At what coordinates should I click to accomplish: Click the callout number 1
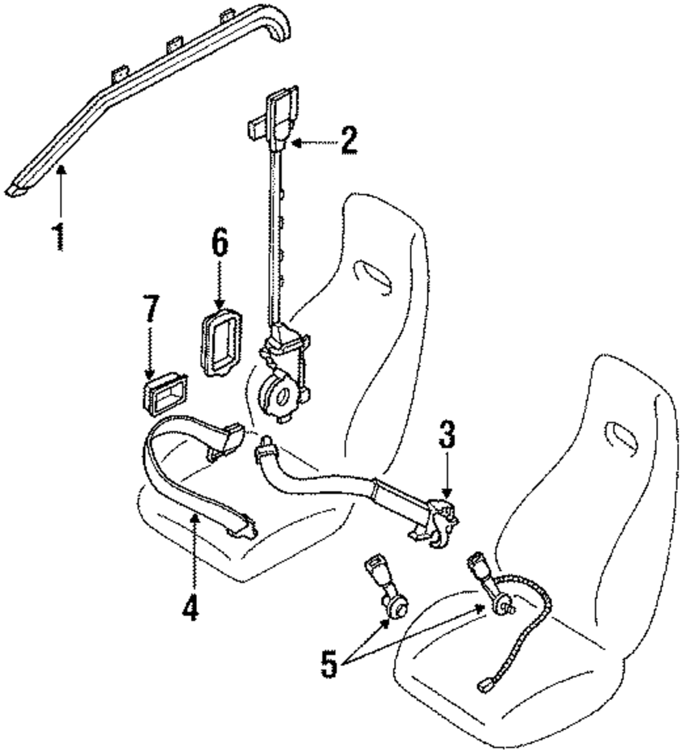60,235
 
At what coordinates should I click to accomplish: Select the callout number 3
447,438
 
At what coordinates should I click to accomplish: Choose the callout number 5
330,664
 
